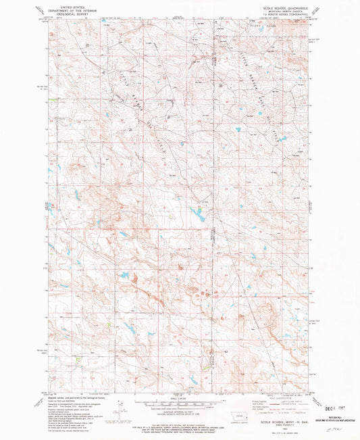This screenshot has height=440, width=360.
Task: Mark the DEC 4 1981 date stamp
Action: pyautogui.click(x=336, y=408)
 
